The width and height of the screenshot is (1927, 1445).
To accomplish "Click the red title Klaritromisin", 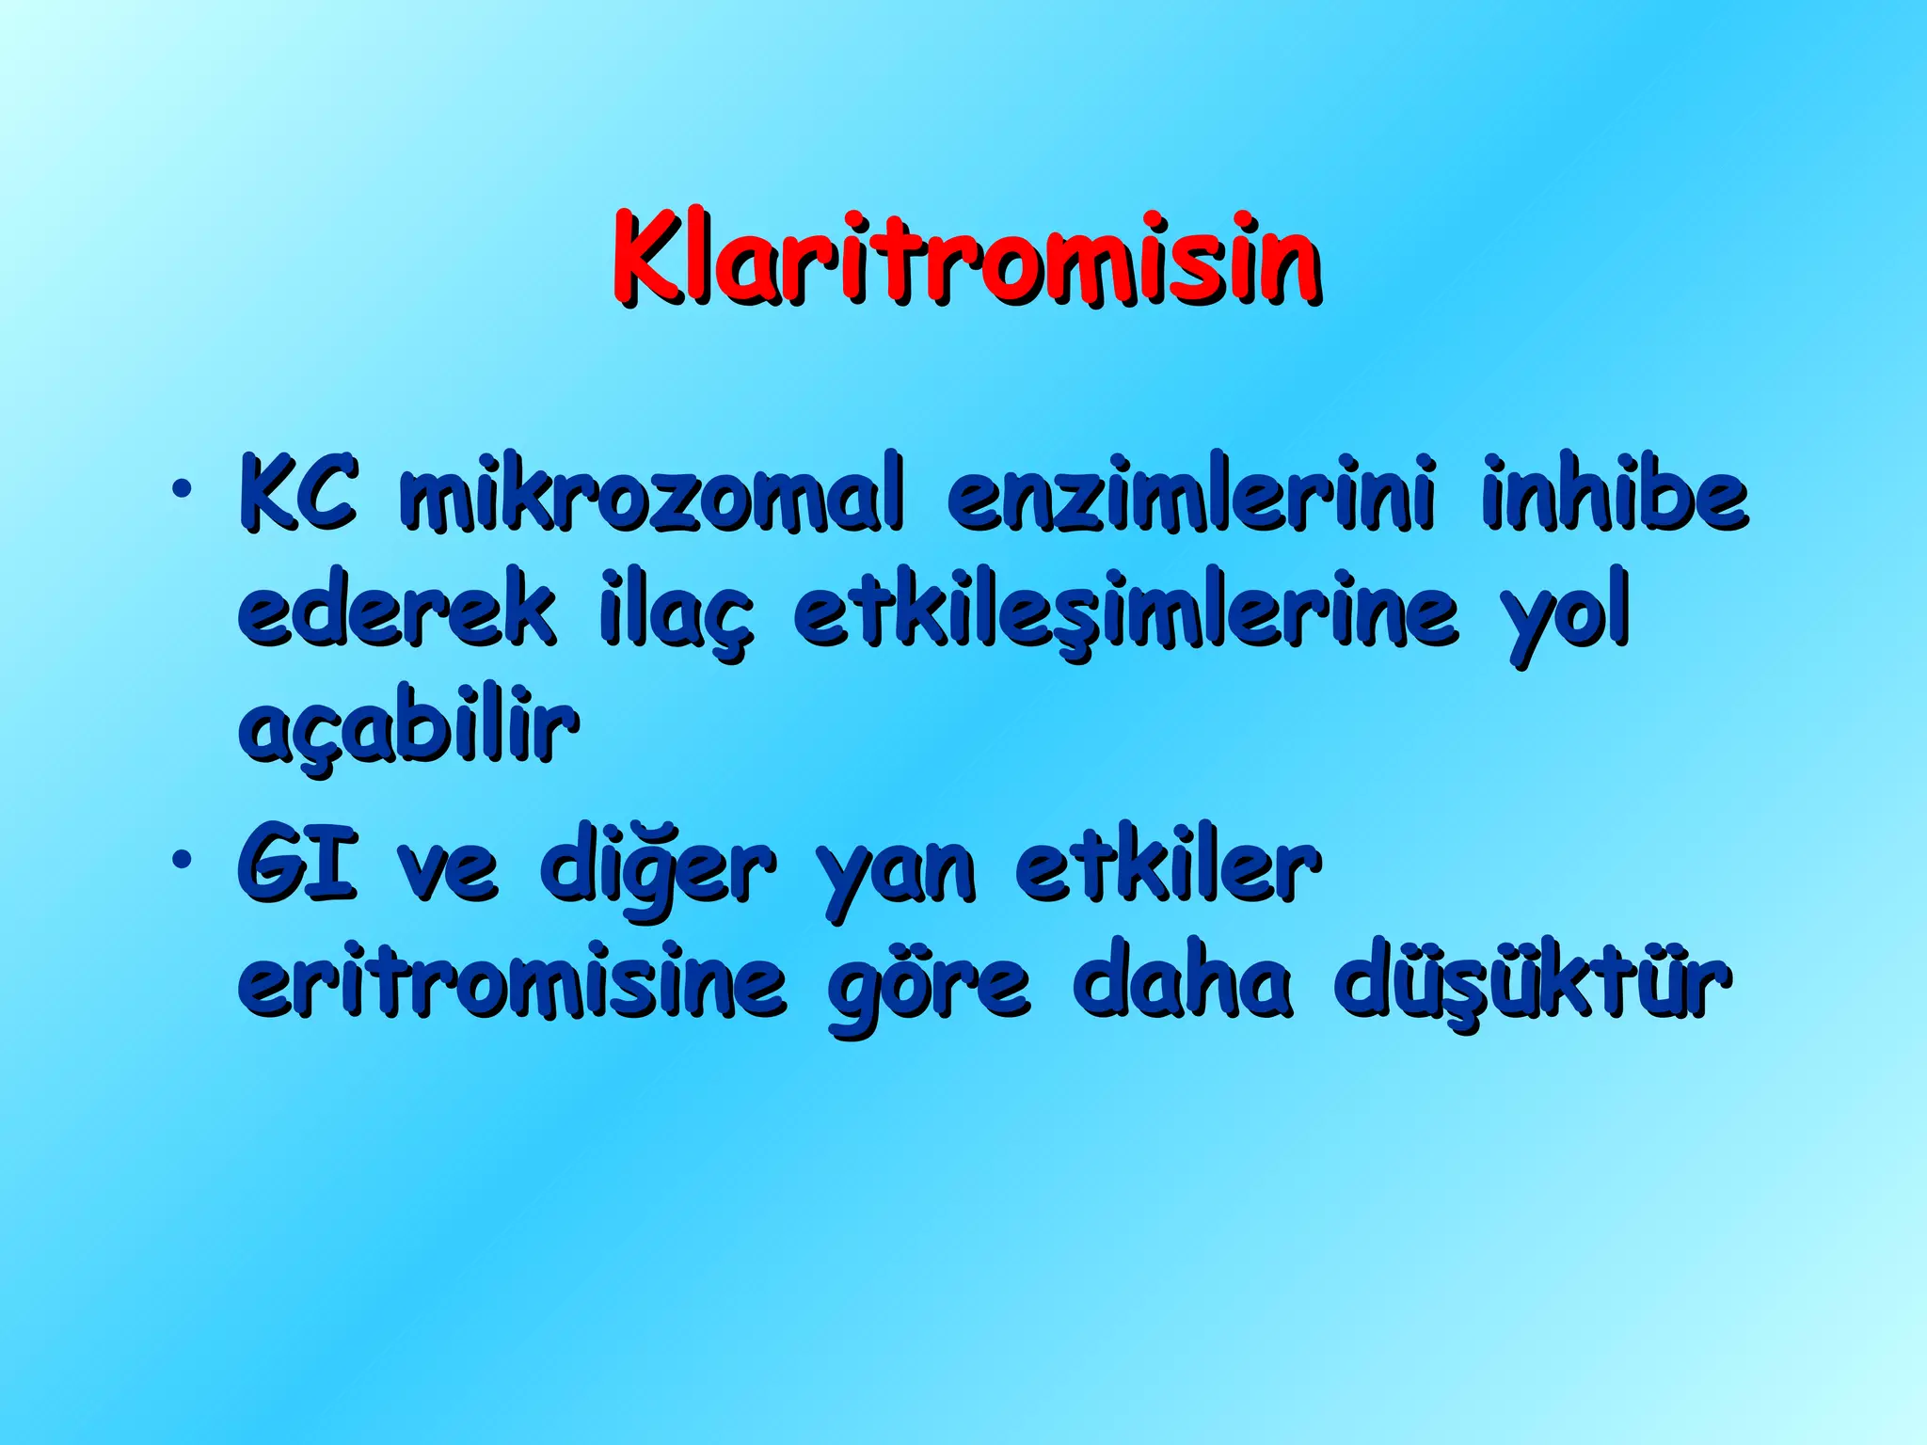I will (965, 259).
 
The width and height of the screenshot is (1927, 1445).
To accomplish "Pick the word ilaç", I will (676, 613).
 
